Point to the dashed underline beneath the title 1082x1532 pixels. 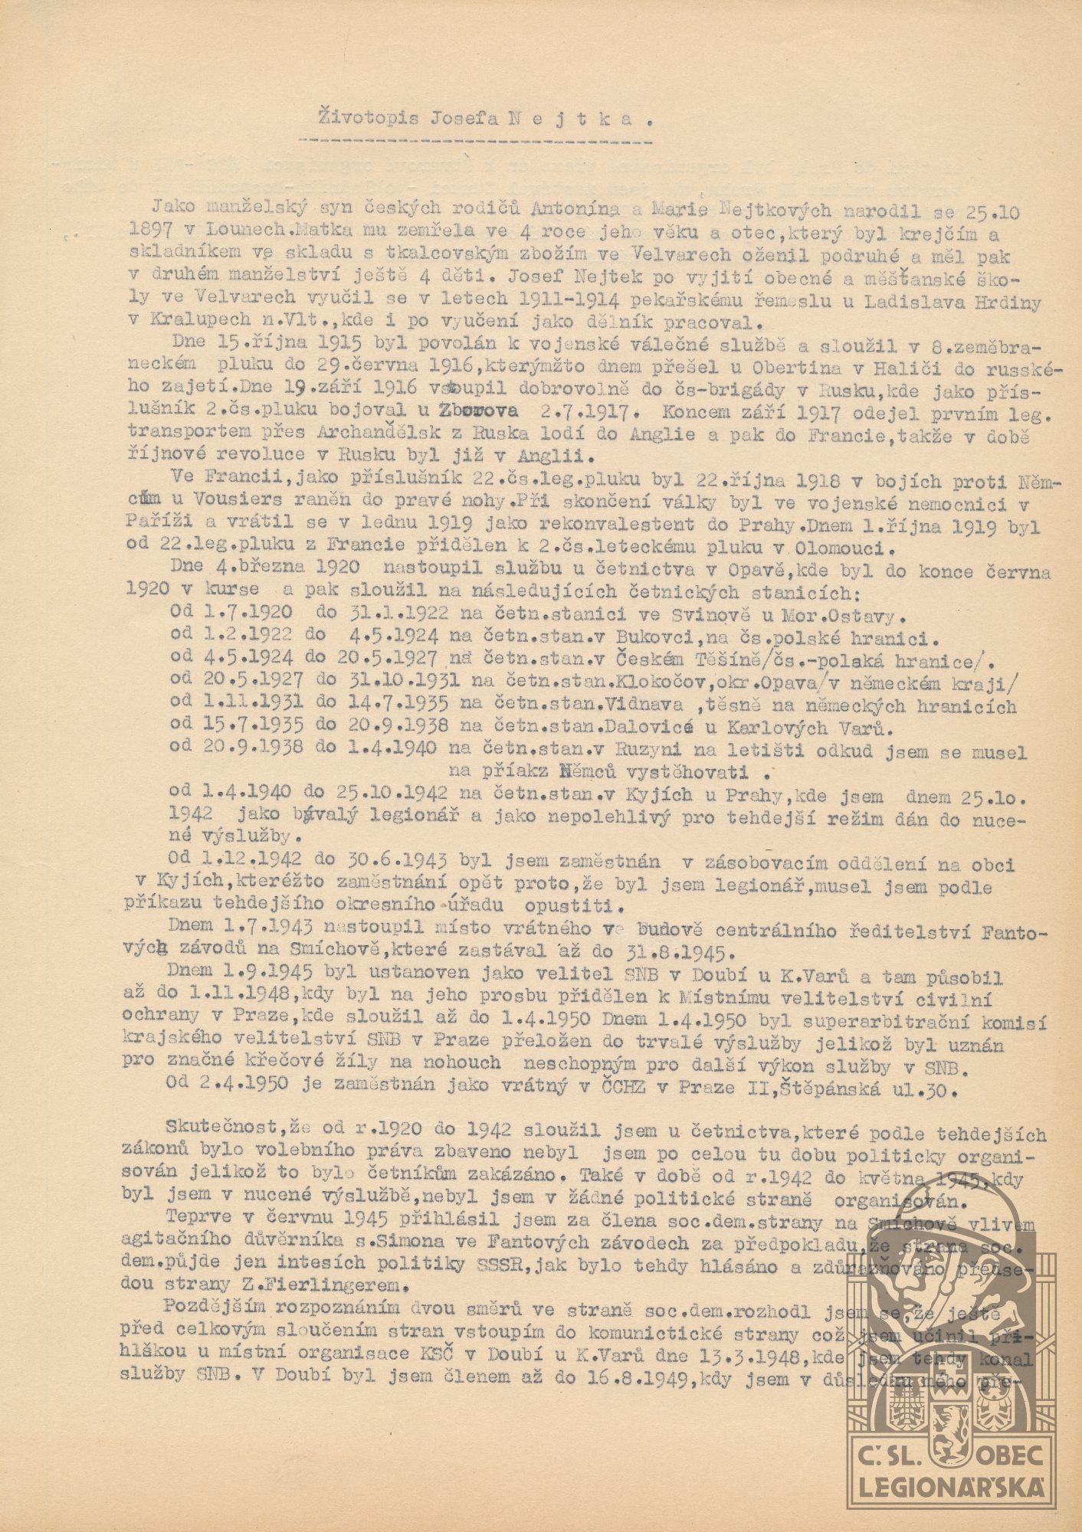tap(474, 142)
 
